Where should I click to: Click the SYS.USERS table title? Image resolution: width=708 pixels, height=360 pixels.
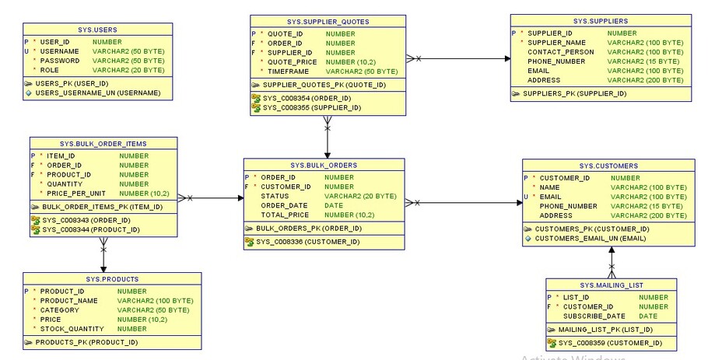pos(98,29)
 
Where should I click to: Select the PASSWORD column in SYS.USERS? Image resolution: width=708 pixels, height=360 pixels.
pos(60,60)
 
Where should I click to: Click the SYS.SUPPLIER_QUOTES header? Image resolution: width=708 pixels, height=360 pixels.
pos(327,21)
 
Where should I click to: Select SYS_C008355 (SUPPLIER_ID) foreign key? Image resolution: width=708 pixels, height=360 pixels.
pos(311,107)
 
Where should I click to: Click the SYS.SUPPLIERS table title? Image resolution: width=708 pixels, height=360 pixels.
pos(601,21)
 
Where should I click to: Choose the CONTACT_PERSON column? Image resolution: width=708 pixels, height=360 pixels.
pos(560,52)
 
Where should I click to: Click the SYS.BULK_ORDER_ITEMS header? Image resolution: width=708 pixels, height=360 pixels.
pos(103,144)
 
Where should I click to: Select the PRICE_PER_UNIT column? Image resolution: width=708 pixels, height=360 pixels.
pos(75,192)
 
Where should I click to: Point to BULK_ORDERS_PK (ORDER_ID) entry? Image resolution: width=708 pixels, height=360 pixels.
pos(308,228)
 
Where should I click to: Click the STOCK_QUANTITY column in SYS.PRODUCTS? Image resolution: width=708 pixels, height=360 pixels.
pos(72,329)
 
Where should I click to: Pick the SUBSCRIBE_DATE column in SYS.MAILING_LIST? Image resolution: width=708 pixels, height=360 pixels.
pos(593,316)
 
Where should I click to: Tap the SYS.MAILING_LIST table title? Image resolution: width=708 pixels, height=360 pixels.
pos(612,285)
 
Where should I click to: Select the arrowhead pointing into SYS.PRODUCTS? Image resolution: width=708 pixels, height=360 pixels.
pos(103,268)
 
